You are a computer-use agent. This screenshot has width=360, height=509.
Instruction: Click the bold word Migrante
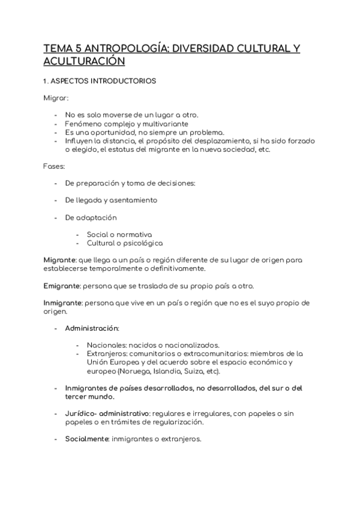(59, 259)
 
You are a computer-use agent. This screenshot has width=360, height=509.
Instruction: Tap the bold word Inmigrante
(63, 303)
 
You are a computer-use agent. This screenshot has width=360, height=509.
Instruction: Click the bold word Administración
(92, 328)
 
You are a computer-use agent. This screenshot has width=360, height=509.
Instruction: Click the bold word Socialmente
(86, 439)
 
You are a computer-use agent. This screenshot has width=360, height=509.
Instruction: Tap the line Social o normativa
(119, 235)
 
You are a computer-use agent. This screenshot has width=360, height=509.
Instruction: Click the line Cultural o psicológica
(124, 243)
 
